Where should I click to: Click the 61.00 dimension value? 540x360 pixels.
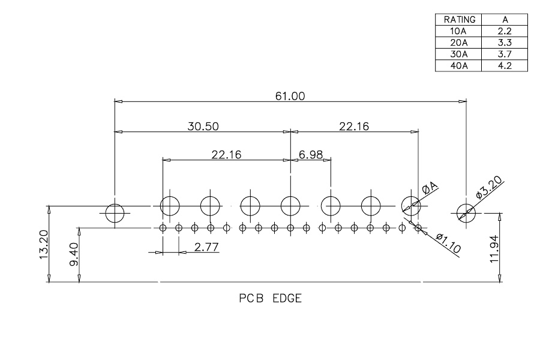(x=290, y=96)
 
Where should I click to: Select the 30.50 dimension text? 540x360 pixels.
(x=203, y=127)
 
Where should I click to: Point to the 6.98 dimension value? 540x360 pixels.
(x=311, y=155)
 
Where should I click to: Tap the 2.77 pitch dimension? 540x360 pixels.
(x=206, y=247)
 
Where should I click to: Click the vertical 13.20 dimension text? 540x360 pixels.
(x=44, y=244)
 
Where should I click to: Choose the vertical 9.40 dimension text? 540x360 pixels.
(x=74, y=254)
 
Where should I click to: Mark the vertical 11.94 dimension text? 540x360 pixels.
(x=494, y=249)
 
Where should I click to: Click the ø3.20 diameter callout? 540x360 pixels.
(x=489, y=187)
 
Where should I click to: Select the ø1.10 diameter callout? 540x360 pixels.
(x=448, y=243)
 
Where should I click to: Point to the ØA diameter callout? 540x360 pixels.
(x=430, y=188)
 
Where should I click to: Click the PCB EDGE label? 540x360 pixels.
(x=271, y=298)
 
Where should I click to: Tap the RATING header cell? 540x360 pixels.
(x=460, y=20)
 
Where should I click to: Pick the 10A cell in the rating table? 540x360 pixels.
(x=458, y=31)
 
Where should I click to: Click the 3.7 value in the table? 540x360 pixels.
(x=505, y=54)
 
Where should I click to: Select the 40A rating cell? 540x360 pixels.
(x=459, y=65)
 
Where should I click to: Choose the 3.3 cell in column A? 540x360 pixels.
(x=505, y=43)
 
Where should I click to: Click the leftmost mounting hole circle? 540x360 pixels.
(x=115, y=204)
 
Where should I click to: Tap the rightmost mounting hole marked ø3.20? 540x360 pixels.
(x=466, y=204)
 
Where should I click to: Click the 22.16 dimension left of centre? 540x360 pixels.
(x=226, y=155)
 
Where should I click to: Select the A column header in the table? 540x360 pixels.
(x=505, y=20)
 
